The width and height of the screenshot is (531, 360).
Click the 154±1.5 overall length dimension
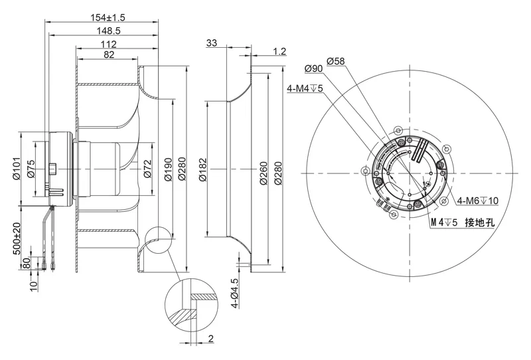(108, 17)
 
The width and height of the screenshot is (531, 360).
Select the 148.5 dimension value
(108, 31)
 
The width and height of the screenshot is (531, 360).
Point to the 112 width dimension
(108, 44)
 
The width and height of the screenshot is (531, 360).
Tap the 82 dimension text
(109, 54)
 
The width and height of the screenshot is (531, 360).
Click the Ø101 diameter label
(17, 168)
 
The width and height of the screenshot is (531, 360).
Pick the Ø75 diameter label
(31, 169)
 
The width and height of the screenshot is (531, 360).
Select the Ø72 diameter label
(147, 169)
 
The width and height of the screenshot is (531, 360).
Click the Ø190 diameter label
(168, 169)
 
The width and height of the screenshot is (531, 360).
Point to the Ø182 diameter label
(202, 169)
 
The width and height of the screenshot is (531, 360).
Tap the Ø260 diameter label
(264, 173)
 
